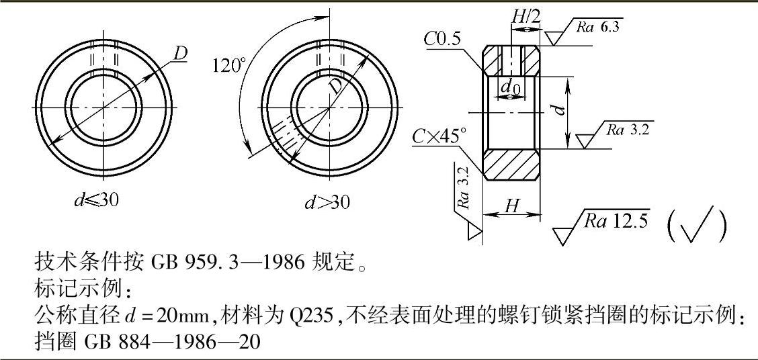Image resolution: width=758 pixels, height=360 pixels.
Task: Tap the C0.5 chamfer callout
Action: click(x=444, y=39)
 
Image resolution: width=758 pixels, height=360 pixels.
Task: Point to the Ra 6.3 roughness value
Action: click(x=597, y=27)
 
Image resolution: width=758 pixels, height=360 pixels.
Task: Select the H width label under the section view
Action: click(x=511, y=206)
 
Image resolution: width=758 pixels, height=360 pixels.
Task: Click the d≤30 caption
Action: click(x=97, y=199)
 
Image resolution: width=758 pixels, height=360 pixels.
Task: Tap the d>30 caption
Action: click(x=327, y=202)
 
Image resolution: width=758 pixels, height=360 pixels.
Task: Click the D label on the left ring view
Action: click(x=180, y=54)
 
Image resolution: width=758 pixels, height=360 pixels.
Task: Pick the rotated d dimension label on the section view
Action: click(x=559, y=110)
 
